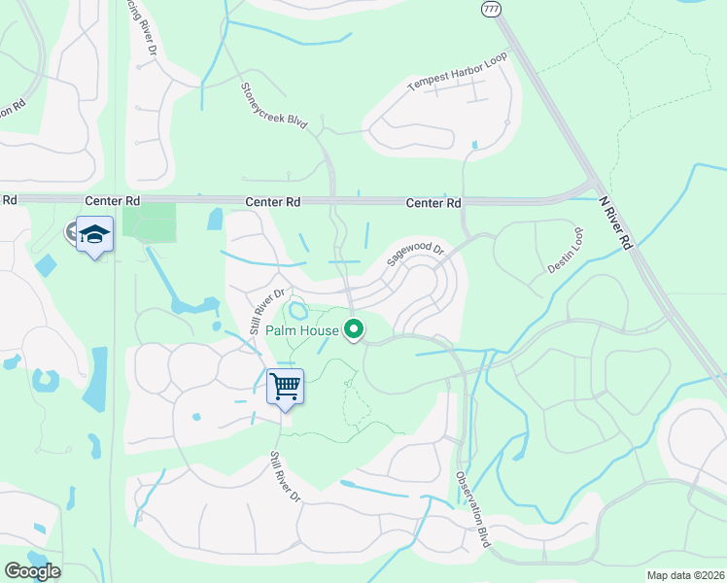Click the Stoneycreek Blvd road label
point(274,107)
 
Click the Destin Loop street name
point(565,251)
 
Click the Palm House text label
point(311,330)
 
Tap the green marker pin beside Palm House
point(355,330)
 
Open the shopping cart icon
point(286,387)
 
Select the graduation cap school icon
point(95,235)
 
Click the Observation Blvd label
point(472,511)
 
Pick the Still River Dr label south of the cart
point(287,475)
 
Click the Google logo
point(31,571)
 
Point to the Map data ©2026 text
point(685,575)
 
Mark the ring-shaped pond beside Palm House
point(297,312)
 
